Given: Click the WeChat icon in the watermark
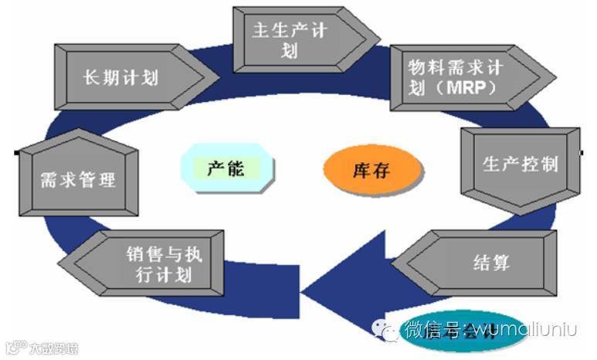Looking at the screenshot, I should [386, 331].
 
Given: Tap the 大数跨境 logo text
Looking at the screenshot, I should [50, 347].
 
